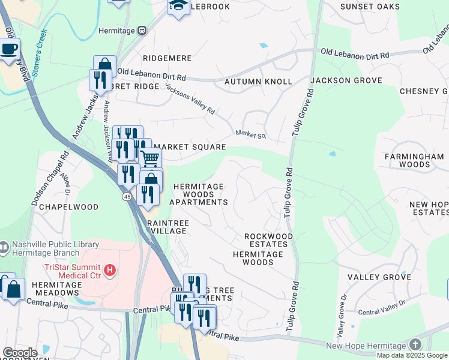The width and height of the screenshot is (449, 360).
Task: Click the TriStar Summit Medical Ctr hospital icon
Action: coord(109,271)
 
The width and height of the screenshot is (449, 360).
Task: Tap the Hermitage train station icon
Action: coord(142,30)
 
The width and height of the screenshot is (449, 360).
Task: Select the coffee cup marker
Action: coord(8,49)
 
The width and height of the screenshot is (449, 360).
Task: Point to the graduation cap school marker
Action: coord(178,5)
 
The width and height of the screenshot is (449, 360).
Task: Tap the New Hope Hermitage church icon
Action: coord(415,344)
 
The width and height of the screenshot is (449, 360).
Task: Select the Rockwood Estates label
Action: coord(268,240)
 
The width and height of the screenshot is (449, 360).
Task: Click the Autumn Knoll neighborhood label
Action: coord(258,81)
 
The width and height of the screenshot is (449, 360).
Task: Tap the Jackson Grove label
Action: coord(346,80)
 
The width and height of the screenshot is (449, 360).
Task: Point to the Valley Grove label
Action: coord(379,277)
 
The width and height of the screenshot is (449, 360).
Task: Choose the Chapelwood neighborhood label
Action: coord(74,207)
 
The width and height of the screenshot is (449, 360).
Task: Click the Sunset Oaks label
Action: coord(369,7)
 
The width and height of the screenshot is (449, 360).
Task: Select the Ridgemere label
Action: coord(167,58)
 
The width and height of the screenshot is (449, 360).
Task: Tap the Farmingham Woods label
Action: coord(414,160)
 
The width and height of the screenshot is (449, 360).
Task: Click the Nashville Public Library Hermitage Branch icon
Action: coord(4,246)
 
